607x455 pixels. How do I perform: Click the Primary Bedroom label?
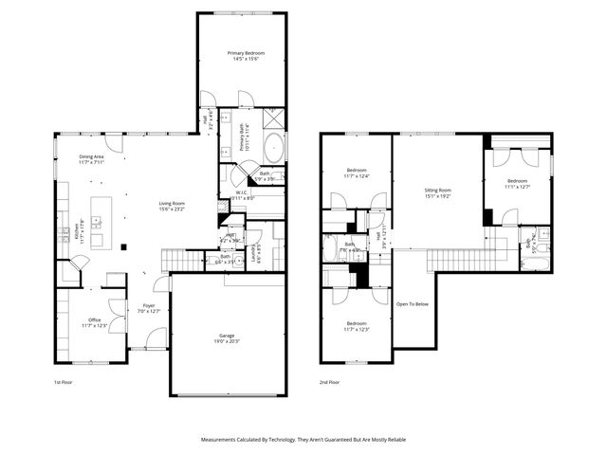point(244,55)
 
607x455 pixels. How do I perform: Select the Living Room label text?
point(172,205)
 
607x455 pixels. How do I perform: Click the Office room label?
point(94,323)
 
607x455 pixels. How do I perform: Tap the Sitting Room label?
point(437,193)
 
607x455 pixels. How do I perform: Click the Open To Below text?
point(413,304)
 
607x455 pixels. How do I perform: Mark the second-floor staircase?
point(453,259)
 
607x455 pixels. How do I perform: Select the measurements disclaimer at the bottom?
point(303,440)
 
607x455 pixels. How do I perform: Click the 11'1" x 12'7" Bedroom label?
point(517,183)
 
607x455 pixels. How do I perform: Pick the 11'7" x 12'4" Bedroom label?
point(356,173)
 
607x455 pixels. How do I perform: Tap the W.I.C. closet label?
point(242,196)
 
